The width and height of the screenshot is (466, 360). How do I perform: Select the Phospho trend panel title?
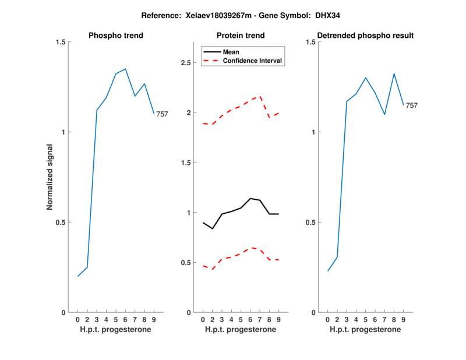point(115,36)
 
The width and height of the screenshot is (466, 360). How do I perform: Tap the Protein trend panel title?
point(241,36)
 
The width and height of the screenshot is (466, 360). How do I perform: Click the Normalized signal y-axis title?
point(50,177)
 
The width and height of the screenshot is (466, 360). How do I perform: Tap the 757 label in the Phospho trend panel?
point(162,114)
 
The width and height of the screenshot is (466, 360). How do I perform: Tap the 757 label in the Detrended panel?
point(411,105)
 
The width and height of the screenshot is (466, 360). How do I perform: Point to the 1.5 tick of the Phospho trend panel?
point(60,42)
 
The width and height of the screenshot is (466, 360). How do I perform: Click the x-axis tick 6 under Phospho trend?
point(125,320)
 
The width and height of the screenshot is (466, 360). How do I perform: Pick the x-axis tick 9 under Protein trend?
point(278,320)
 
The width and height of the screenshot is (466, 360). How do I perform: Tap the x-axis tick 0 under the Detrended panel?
point(327,320)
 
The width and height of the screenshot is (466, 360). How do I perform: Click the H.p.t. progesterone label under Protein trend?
point(241,330)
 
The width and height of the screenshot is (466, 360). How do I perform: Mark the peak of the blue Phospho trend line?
point(125,69)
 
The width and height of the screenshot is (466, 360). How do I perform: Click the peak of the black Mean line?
point(250,199)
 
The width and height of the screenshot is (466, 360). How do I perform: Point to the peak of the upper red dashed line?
point(260,96)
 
